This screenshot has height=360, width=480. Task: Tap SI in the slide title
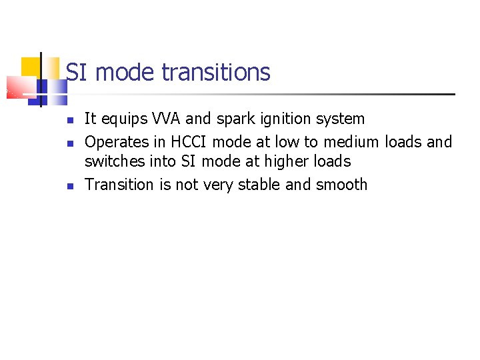coord(77,72)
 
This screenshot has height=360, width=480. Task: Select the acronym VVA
coord(161,119)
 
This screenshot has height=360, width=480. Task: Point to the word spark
coord(233,119)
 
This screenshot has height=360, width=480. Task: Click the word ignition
coord(285,119)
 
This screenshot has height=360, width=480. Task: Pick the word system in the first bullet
coord(341,119)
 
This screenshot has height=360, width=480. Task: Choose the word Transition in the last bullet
coord(119,185)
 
